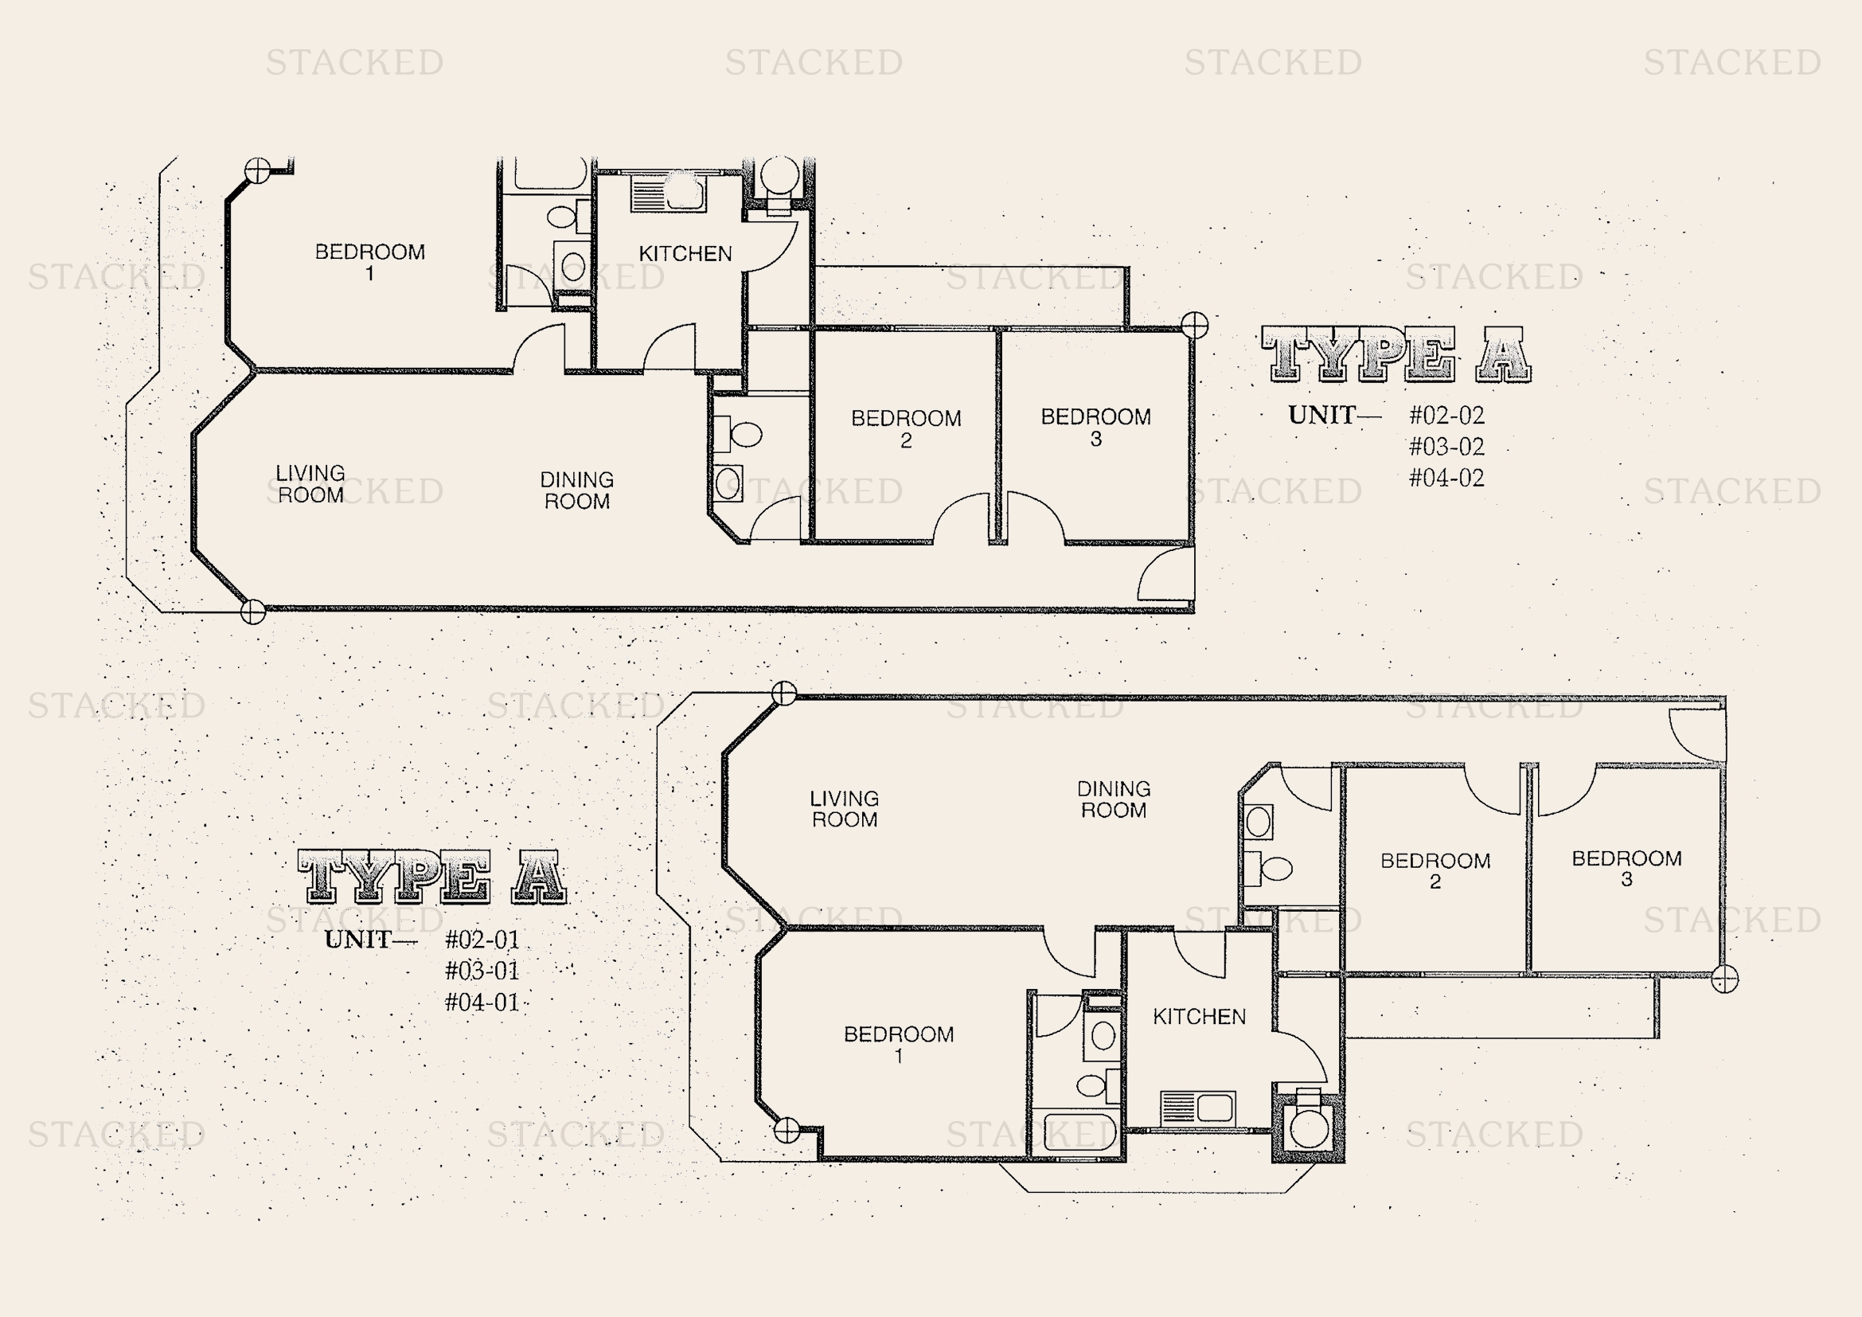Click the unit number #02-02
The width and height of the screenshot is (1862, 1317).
(x=1446, y=415)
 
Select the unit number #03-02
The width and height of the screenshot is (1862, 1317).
(x=1446, y=446)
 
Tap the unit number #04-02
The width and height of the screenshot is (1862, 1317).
(x=1446, y=478)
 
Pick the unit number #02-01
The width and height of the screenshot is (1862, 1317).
(x=482, y=940)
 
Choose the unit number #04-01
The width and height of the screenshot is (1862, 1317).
(x=482, y=1002)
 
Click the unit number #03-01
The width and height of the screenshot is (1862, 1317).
(x=482, y=971)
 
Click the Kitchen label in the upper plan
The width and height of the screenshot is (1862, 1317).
(x=685, y=254)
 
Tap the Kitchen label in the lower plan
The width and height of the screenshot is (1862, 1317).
(x=1200, y=1017)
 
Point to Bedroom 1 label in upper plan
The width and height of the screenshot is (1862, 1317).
(x=370, y=262)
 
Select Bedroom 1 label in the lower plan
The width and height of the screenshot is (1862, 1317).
(x=899, y=1045)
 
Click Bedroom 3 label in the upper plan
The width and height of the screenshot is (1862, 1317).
(x=1095, y=428)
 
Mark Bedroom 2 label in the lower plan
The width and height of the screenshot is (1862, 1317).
(x=1435, y=871)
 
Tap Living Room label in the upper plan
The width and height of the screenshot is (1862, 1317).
(x=310, y=483)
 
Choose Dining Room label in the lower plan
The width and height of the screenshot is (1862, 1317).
(x=1114, y=799)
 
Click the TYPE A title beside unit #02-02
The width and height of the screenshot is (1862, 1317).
(x=1396, y=354)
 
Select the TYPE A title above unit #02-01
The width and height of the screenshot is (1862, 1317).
(x=433, y=877)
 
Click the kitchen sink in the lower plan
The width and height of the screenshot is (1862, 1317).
(x=1198, y=1108)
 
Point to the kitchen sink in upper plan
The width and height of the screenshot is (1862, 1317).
(x=668, y=194)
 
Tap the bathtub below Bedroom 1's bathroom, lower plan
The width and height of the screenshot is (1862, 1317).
(x=1079, y=1134)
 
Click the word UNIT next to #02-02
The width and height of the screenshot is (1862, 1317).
(x=1322, y=415)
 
